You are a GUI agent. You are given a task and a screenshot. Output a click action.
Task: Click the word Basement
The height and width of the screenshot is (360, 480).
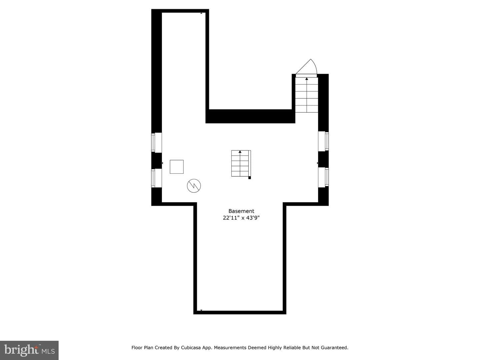point(241,211)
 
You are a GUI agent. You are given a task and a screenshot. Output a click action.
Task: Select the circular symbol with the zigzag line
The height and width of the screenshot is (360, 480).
point(194,186)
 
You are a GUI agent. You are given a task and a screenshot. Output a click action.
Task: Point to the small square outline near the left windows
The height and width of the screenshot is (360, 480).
point(177,167)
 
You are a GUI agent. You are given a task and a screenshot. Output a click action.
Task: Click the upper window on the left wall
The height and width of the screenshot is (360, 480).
point(157,142)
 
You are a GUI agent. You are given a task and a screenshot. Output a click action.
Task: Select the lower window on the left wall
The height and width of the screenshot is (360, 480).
point(157,178)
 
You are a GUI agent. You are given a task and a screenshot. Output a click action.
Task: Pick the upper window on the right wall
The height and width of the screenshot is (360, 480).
point(323,141)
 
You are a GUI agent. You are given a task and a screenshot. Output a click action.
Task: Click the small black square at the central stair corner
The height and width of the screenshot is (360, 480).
point(250,178)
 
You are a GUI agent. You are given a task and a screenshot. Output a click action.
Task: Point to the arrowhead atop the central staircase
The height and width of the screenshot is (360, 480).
point(240,151)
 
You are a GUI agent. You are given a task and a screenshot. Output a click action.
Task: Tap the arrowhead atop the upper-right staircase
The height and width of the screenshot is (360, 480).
point(307,79)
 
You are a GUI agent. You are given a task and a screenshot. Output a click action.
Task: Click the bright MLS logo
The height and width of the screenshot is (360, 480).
point(29,350)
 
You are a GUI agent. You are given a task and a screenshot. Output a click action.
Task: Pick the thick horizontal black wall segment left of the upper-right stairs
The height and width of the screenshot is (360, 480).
point(250,116)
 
